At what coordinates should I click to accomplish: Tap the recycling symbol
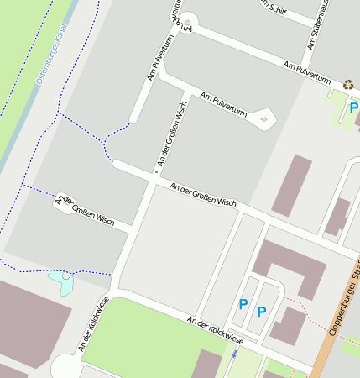pos(348,84)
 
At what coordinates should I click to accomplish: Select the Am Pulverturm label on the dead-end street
pos(223,106)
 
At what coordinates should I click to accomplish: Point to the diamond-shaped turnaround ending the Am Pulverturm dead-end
pos(265,119)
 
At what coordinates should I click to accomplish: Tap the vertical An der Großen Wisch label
pos(170,133)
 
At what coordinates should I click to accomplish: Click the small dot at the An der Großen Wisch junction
pos(156,172)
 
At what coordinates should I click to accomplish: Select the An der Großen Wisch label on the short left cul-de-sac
pos(85,208)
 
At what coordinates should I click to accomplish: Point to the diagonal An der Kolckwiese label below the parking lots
pos(216,330)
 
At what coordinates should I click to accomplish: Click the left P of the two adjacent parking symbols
pos(243,304)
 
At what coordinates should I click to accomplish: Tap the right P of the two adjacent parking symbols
pos(262,312)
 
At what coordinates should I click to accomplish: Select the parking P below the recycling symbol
pos(353,108)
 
